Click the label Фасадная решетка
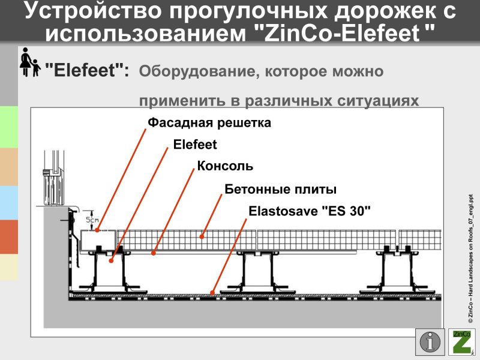pyautogui.click(x=209, y=123)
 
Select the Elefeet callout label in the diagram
pyautogui.click(x=195, y=145)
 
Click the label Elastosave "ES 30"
pyautogui.click(x=310, y=212)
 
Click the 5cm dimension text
pyautogui.click(x=92, y=220)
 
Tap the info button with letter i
pyautogui.click(x=430, y=342)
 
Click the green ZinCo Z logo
pyautogui.click(x=462, y=342)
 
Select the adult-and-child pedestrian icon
pyautogui.click(x=29, y=62)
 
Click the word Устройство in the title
pyautogui.click(x=91, y=10)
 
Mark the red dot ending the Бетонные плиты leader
pyautogui.click(x=202, y=236)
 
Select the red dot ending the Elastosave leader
pyautogui.click(x=212, y=293)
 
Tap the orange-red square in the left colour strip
pyautogui.click(x=8, y=236)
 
